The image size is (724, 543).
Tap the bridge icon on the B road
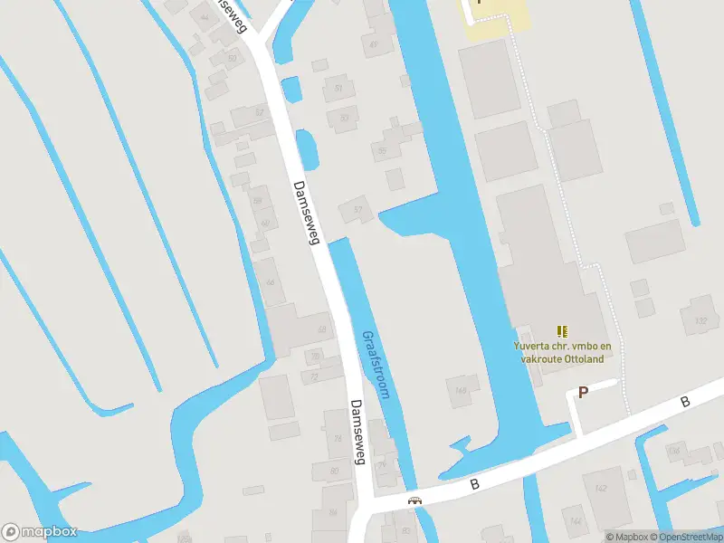click(415, 500)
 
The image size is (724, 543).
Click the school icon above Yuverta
click(562, 332)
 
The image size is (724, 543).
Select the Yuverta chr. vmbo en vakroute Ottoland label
click(562, 351)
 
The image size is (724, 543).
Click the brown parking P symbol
click(584, 393)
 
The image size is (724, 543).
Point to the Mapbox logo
click(39, 532)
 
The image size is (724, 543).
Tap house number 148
click(461, 391)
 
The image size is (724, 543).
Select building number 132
click(700, 321)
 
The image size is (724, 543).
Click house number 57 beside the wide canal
click(358, 211)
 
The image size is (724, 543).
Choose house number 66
click(269, 281)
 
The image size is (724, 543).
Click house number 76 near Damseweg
click(337, 440)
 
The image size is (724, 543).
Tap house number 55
click(383, 152)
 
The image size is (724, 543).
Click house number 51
click(338, 89)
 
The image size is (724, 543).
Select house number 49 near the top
click(373, 43)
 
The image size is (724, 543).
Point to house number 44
click(203, 17)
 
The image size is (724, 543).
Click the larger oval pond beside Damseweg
click(306, 148)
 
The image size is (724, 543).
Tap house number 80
click(334, 471)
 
